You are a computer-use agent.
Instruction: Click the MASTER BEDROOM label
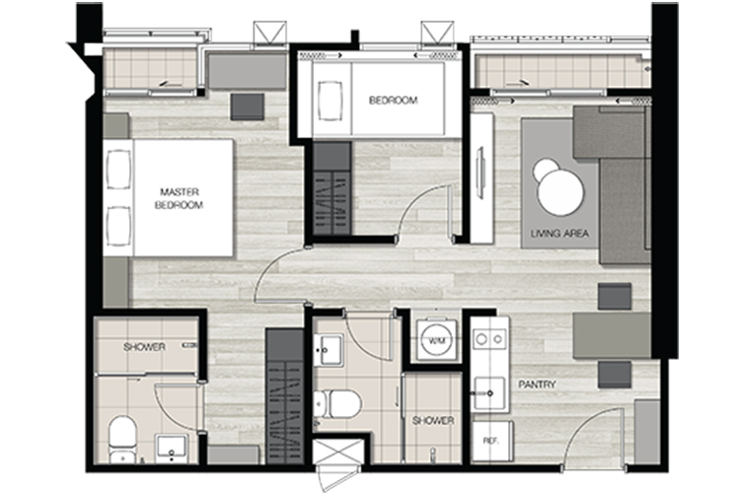coord(179,198)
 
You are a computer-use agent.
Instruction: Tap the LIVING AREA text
coord(559,233)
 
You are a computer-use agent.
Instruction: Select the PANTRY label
coord(537,385)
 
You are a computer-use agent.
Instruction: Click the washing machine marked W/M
coord(436,339)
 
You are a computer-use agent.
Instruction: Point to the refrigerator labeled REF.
coord(491,441)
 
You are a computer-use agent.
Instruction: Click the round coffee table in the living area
coord(559,190)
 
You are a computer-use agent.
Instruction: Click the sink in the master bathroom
coord(172,449)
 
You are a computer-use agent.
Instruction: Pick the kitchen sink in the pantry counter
coord(489,393)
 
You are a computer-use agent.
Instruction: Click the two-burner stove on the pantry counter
coord(489,339)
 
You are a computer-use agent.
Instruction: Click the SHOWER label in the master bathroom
coord(144,347)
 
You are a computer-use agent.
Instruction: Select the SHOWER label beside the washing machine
coord(433,420)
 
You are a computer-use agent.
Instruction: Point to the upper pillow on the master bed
coord(118,170)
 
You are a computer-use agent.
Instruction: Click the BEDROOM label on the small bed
coord(393,100)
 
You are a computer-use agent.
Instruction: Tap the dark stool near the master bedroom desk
coord(248,106)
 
